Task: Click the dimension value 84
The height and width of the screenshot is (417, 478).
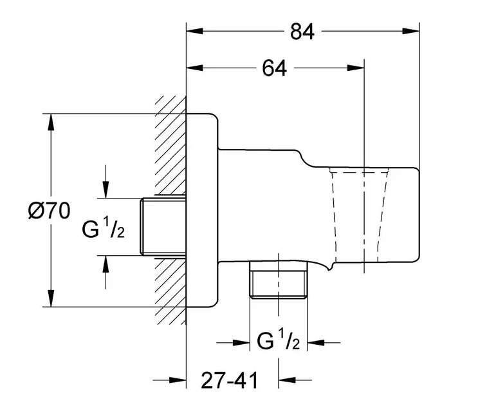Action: (302, 32)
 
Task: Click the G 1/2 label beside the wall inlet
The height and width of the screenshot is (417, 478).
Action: (103, 228)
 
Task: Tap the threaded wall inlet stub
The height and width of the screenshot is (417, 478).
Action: (163, 226)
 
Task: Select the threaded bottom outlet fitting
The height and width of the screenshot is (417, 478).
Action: (278, 281)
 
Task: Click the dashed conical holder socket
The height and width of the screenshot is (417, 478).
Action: (360, 216)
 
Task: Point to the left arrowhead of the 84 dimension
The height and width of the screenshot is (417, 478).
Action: (194, 31)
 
